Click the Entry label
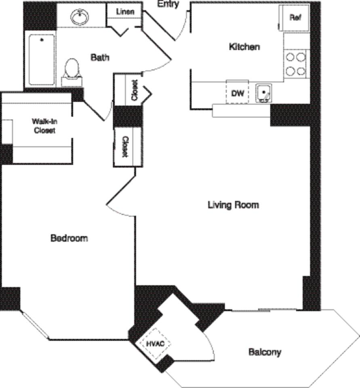tap(168, 4)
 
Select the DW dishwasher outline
tap(237, 93)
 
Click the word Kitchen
tap(244, 47)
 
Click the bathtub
tap(42, 60)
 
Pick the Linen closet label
tap(125, 12)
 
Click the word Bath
tap(100, 57)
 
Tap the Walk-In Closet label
tap(44, 125)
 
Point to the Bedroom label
tap(69, 238)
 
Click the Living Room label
tap(233, 205)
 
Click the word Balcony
tap(265, 352)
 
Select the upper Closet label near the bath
tap(135, 90)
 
